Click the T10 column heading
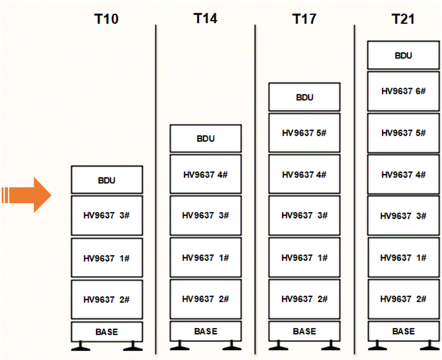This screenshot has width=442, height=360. [x=106, y=19]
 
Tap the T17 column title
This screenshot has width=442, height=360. [x=304, y=19]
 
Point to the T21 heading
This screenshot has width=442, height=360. [x=403, y=19]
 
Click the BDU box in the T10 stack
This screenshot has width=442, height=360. [x=107, y=180]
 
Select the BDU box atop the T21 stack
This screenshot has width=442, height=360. [x=403, y=55]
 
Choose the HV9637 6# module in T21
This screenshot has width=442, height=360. [x=403, y=91]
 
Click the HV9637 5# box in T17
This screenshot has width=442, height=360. [x=305, y=133]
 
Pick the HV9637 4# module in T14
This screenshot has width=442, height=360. [x=206, y=174]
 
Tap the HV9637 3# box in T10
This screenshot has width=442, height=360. [x=107, y=215]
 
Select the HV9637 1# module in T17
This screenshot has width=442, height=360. [x=305, y=258]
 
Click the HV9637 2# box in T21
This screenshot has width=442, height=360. [x=403, y=299]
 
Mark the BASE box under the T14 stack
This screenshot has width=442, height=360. [x=206, y=332]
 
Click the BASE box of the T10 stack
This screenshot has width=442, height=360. [x=107, y=332]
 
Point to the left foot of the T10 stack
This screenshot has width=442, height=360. [x=80, y=347]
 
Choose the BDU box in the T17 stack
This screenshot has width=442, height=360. [x=305, y=97]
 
